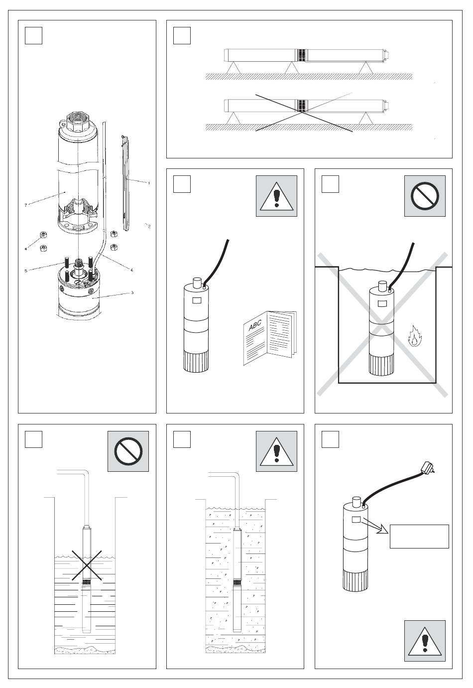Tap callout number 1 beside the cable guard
tap(148, 183)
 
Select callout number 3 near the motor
tap(132, 292)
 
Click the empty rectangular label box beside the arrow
tap(419, 536)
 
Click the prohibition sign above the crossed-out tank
tap(425, 196)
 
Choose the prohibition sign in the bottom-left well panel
tap(128, 451)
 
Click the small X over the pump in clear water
tap(88, 565)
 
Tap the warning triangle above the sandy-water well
tap(276, 451)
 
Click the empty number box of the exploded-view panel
tap(33, 35)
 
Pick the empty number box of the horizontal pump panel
tap(182, 35)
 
